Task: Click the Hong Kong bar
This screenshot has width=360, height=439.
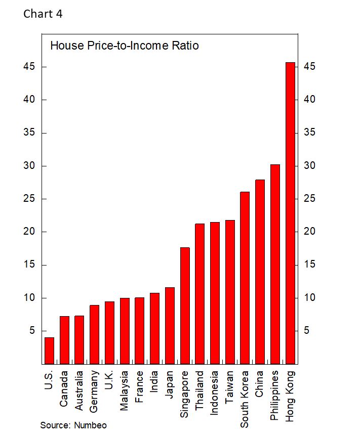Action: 290,212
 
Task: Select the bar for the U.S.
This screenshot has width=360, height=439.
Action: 49,350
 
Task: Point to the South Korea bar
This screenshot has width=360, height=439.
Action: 245,278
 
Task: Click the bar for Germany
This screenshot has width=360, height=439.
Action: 94,334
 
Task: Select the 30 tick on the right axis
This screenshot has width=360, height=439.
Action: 310,166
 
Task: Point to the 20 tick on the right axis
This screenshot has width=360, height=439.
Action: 310,232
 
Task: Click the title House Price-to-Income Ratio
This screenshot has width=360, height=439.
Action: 124,46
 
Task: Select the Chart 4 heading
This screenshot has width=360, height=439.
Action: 43,14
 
